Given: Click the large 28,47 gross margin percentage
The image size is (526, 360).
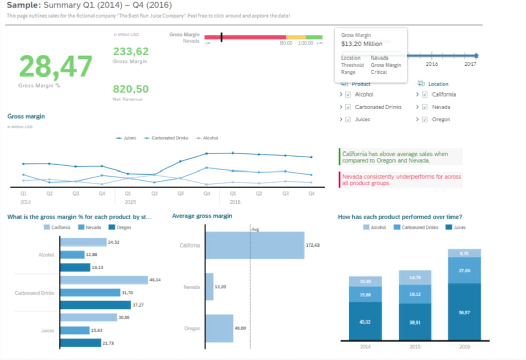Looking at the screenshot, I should [x=55, y=66].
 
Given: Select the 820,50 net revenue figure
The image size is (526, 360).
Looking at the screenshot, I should [x=130, y=89].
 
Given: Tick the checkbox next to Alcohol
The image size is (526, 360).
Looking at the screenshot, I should [x=348, y=94].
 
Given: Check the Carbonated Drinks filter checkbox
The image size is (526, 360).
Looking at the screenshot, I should [x=348, y=107].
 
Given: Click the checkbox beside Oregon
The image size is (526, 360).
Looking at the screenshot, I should [x=425, y=120].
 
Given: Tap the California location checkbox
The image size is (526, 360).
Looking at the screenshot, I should [x=425, y=94].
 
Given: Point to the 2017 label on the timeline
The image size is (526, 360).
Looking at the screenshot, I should [x=470, y=64].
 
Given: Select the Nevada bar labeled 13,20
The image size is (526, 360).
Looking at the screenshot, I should [x=210, y=287].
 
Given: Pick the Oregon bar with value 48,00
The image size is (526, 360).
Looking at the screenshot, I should [x=219, y=328].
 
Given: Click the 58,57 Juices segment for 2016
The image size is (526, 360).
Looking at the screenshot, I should [x=464, y=312].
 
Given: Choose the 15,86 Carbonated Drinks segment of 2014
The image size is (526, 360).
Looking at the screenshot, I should [x=365, y=294].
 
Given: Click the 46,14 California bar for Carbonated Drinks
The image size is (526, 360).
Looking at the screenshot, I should [x=104, y=280].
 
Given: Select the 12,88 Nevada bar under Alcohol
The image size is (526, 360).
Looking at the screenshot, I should [x=72, y=255].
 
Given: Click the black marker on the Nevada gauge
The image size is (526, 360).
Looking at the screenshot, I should [x=221, y=37].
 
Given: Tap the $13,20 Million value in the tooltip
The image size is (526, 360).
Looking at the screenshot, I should [x=362, y=44].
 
